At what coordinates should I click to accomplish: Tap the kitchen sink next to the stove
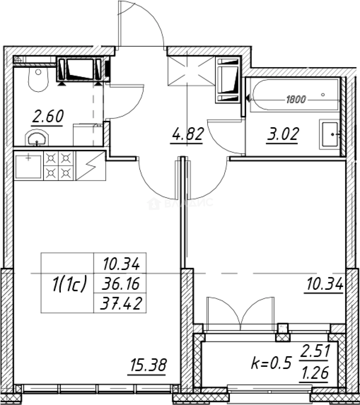pyautogui.click(x=29, y=165)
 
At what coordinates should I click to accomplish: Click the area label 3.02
pyautogui.click(x=282, y=134)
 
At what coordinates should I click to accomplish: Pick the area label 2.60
pyautogui.click(x=47, y=116)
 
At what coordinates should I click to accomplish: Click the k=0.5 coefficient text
pyautogui.click(x=271, y=363)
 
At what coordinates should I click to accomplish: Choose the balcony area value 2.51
pyautogui.click(x=315, y=352)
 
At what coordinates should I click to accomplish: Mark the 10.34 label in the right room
pyautogui.click(x=324, y=286)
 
